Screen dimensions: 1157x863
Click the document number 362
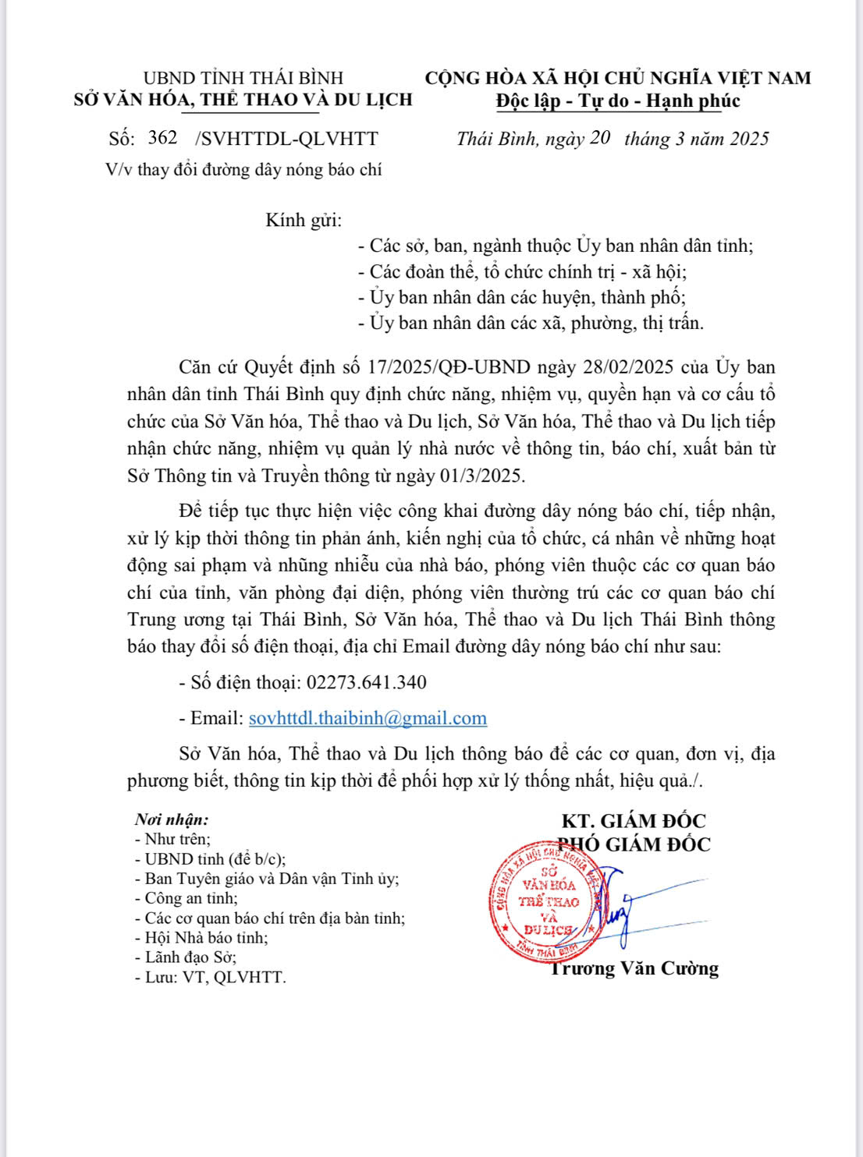[x=162, y=138]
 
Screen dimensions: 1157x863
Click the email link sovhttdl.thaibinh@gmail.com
[x=368, y=718]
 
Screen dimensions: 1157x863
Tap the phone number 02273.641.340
[x=367, y=683]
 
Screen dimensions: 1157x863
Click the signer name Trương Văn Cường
[x=634, y=968]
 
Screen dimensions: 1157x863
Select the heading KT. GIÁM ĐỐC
[x=633, y=820]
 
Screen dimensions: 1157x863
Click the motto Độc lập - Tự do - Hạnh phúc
[x=618, y=101]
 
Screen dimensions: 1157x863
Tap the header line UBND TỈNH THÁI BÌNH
[x=243, y=78]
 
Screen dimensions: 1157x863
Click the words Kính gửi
[x=304, y=221]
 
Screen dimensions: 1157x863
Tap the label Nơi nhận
[x=172, y=819]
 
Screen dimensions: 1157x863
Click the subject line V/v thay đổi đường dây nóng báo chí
[x=244, y=170]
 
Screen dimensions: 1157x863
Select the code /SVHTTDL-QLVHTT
[x=286, y=139]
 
